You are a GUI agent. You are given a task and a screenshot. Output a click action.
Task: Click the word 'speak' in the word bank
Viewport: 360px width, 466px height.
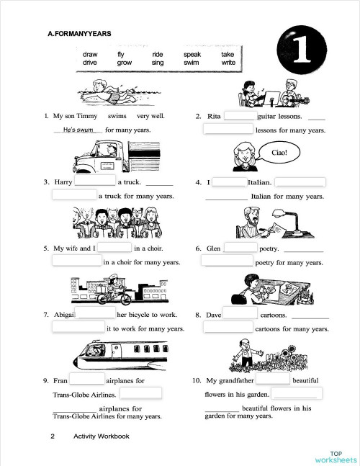pyautogui.click(x=192, y=55)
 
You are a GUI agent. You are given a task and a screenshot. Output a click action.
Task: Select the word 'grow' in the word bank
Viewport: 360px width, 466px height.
pyautogui.click(x=125, y=63)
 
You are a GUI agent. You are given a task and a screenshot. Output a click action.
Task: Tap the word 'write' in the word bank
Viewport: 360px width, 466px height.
pyautogui.click(x=228, y=63)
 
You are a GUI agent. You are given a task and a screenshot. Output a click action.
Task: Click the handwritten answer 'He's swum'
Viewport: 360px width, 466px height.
pyautogui.click(x=78, y=130)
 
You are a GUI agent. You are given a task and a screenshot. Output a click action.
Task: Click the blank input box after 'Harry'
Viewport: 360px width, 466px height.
pyautogui.click(x=96, y=182)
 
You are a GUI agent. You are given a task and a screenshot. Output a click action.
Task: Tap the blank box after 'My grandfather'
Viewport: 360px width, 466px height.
pyautogui.click(x=271, y=380)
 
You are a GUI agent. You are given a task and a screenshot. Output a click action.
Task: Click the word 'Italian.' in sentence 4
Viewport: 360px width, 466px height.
pyautogui.click(x=259, y=183)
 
